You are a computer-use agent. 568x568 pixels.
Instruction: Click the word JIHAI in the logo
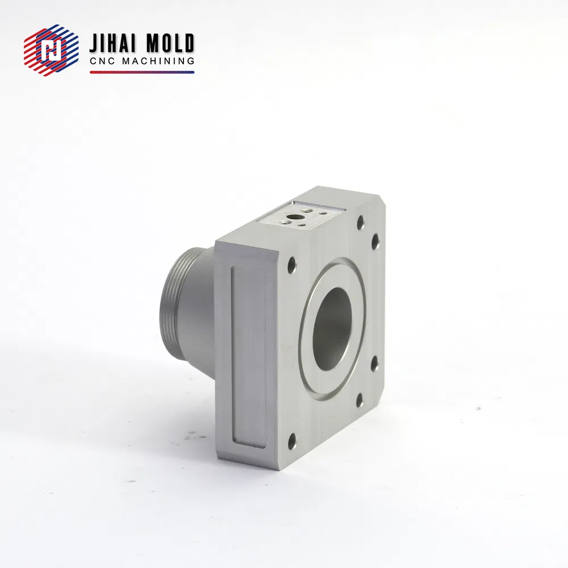coord(114,44)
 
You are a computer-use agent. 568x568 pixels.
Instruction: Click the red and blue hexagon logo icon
coord(51,52)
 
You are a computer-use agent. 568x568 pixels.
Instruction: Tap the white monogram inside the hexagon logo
coord(51,52)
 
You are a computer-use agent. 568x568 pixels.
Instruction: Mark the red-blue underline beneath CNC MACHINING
coord(142,72)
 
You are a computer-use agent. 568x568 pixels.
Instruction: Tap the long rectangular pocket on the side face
coord(249,355)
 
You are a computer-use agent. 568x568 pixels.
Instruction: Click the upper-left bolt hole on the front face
coord(291,264)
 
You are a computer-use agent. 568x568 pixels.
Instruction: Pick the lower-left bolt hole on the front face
coord(291,438)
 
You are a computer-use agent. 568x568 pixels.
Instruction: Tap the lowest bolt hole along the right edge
coord(360,400)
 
